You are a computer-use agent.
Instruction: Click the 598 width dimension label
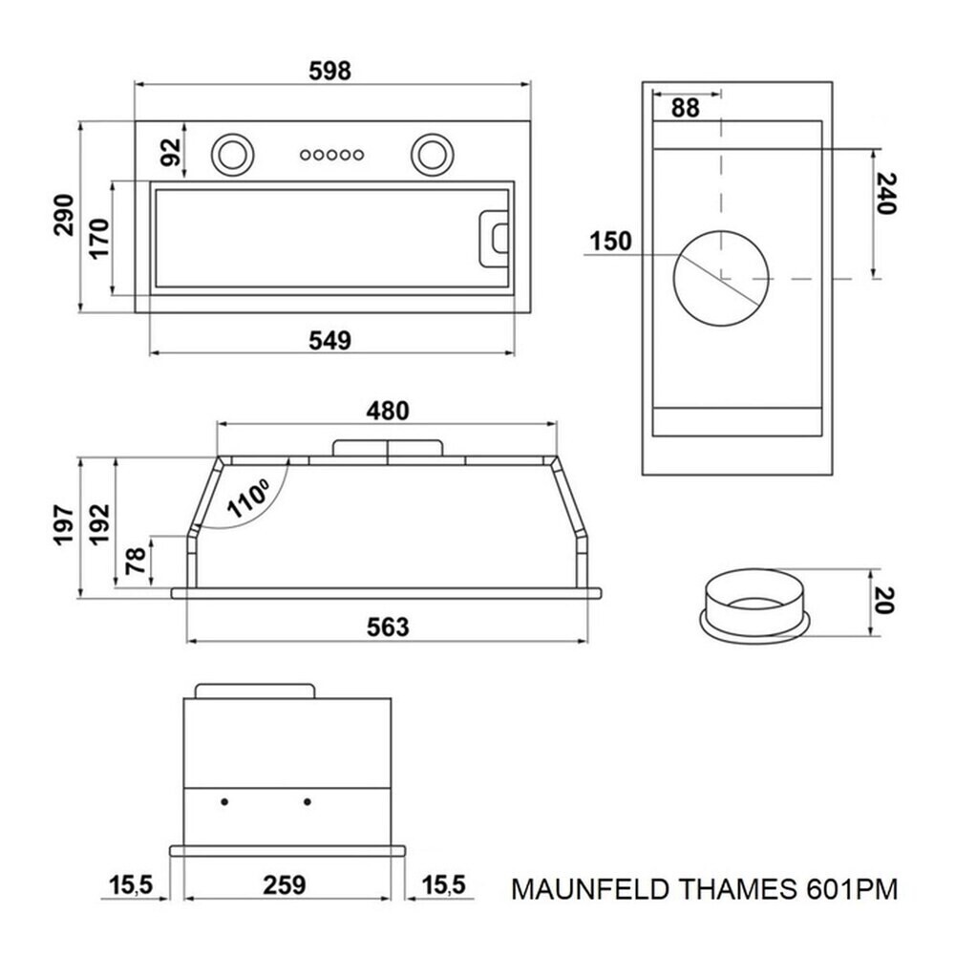pyautogui.click(x=330, y=72)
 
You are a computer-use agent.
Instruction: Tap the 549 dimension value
pyautogui.click(x=330, y=341)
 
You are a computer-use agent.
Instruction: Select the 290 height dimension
pyautogui.click(x=64, y=215)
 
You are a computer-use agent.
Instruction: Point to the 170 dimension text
pyautogui.click(x=98, y=239)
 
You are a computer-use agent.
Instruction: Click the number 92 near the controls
pyautogui.click(x=172, y=152)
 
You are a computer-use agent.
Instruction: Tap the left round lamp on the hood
pyautogui.click(x=231, y=154)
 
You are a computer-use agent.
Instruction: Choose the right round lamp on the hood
pyautogui.click(x=432, y=154)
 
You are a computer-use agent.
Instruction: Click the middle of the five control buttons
pyautogui.click(x=332, y=155)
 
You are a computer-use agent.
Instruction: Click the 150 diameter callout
pyautogui.click(x=611, y=242)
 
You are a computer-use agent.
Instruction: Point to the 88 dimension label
pyautogui.click(x=686, y=109)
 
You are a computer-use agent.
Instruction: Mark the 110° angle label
pyautogui.click(x=248, y=499)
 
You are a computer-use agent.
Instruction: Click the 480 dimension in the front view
pyautogui.click(x=388, y=411)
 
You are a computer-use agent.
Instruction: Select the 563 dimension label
pyautogui.click(x=388, y=626)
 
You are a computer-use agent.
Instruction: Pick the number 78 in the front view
pyautogui.click(x=136, y=561)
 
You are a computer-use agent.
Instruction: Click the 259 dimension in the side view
pyautogui.click(x=285, y=885)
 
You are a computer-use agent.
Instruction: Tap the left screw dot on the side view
pyautogui.click(x=224, y=801)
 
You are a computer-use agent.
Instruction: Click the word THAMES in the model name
pyautogui.click(x=737, y=889)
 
